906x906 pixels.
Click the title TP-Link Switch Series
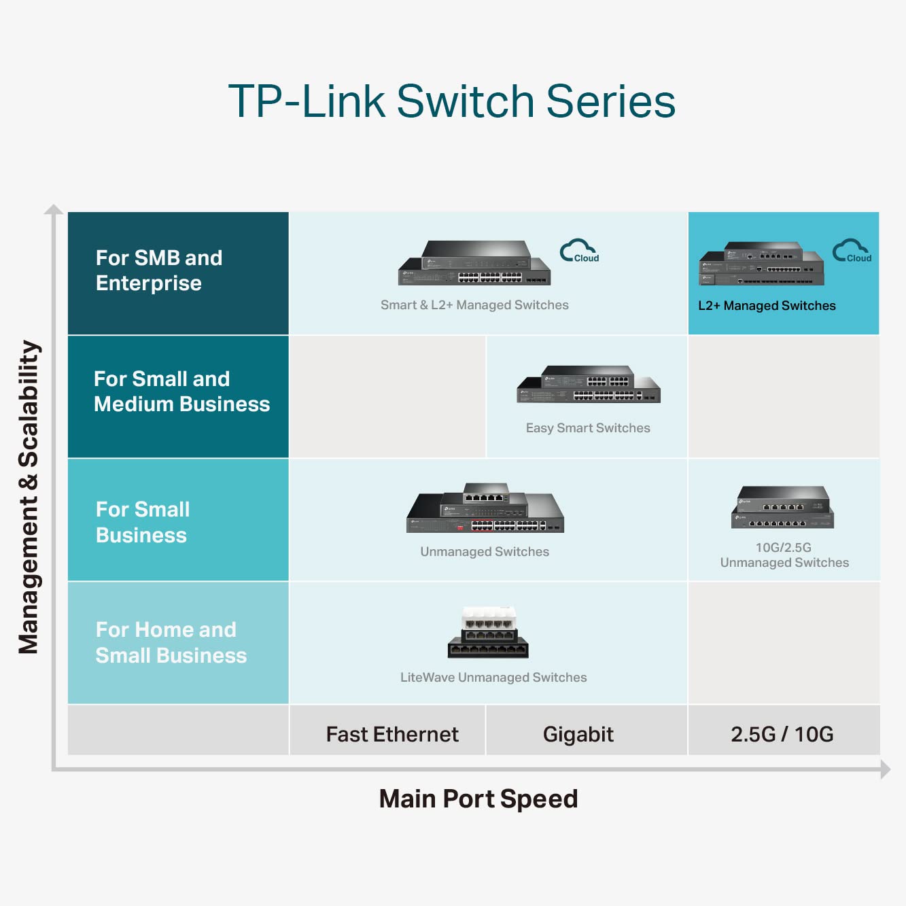click(x=452, y=102)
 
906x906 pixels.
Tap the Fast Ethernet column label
click(x=392, y=734)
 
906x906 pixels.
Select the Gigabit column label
click(x=578, y=734)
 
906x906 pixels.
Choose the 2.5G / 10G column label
click(x=782, y=734)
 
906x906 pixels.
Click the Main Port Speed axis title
click(x=478, y=799)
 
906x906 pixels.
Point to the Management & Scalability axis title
click(x=29, y=496)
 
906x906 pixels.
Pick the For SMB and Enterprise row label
click(x=159, y=271)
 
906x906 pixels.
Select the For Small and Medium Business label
click(x=181, y=391)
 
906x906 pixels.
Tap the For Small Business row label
click(x=143, y=522)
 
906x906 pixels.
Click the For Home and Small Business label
click(x=171, y=642)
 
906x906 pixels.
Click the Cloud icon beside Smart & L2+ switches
click(x=579, y=251)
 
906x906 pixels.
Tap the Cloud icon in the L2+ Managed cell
click(x=852, y=251)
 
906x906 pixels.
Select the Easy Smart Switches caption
click(x=588, y=428)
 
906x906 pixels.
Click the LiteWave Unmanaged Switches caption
click(x=493, y=678)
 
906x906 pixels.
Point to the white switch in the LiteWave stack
click(x=489, y=618)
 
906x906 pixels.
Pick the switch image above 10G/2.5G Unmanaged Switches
click(x=783, y=508)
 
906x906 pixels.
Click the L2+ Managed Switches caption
click(x=767, y=306)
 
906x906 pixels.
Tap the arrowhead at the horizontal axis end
click(x=885, y=769)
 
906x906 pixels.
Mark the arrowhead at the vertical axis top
click(x=54, y=209)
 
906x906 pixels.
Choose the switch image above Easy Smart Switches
click(x=589, y=385)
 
